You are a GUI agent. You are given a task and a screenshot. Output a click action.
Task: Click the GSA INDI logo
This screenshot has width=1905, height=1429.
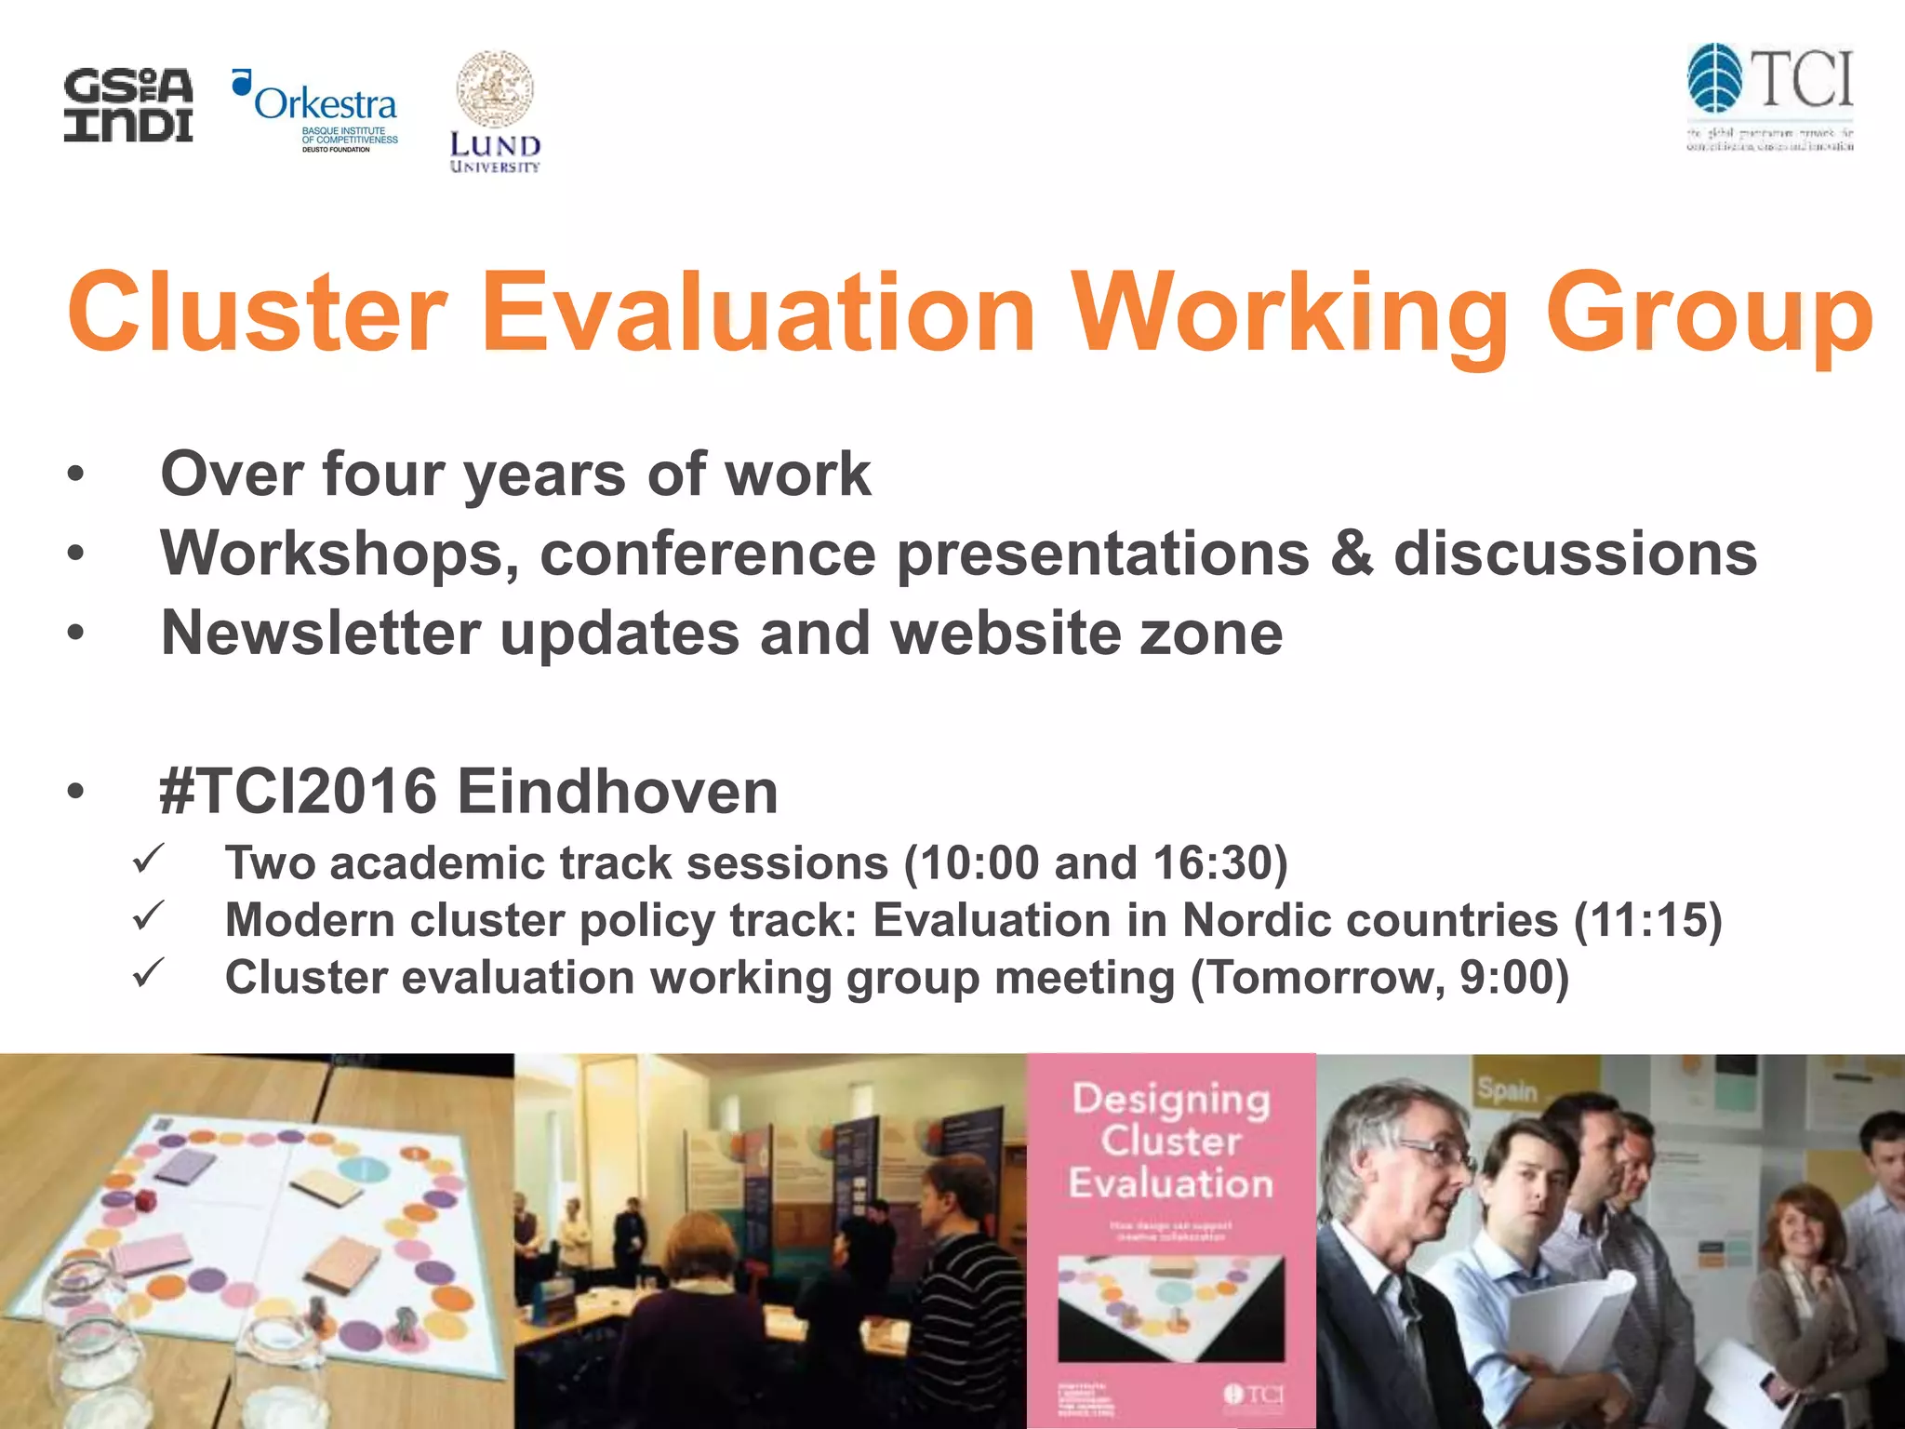[128, 105]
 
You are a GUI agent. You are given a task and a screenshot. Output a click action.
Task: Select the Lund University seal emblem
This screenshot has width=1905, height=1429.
[495, 90]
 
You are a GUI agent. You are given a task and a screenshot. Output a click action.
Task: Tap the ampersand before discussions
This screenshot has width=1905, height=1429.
[1352, 554]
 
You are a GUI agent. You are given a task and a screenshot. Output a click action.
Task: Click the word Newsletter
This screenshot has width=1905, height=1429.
[320, 634]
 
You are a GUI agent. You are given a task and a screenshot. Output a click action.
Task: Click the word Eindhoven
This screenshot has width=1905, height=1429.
[617, 792]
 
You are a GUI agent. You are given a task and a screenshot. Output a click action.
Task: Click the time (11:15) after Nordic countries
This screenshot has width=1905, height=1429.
[1647, 920]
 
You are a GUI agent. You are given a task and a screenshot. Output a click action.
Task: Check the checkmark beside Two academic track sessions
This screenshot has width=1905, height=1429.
[148, 858]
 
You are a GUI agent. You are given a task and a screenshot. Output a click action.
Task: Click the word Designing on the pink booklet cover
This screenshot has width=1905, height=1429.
[1171, 1099]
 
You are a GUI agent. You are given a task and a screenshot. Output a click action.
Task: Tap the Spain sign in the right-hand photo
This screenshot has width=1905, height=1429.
[1507, 1089]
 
